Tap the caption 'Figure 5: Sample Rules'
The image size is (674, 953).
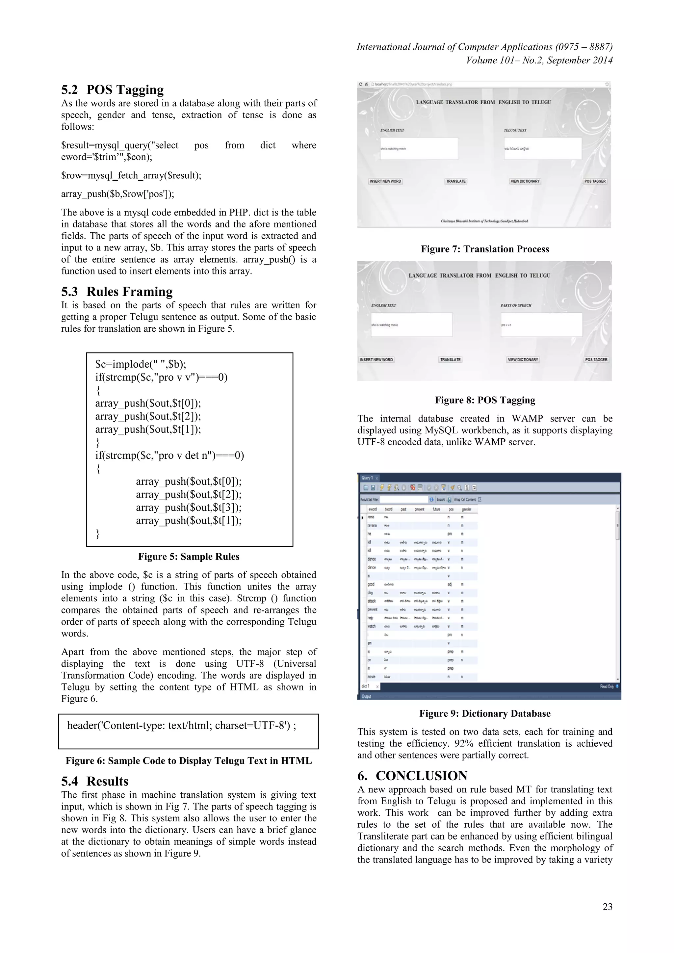pos(189,556)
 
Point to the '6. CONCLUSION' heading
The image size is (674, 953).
pos(412,776)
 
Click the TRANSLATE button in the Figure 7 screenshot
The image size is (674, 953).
pos(456,181)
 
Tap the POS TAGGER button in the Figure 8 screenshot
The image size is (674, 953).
pos(596,360)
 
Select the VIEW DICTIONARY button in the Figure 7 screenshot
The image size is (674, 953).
pos(525,181)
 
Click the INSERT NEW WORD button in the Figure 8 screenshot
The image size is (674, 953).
pos(376,360)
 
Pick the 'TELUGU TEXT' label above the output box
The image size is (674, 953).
pos(515,130)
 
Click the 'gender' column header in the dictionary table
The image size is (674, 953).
pos(466,509)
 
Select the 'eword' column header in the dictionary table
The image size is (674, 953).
pos(372,509)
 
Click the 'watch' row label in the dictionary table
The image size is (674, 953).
pos(372,626)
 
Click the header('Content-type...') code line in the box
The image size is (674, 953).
pos(181,726)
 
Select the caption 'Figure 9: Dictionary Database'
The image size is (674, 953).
pos(485,713)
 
